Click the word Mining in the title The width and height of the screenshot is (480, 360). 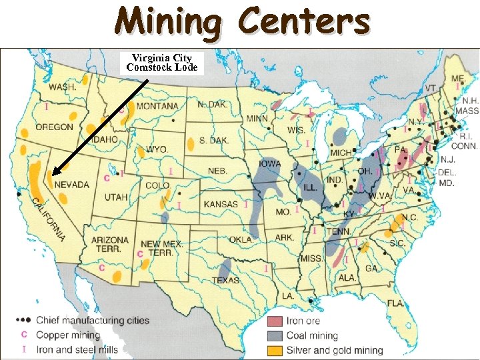[166, 22]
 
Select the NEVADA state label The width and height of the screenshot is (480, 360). [71, 184]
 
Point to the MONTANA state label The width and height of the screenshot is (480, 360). [158, 106]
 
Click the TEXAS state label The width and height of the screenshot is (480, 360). [225, 280]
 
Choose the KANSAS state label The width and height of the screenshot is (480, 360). [221, 204]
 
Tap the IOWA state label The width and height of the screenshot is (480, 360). [270, 164]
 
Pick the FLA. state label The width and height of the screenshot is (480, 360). [396, 303]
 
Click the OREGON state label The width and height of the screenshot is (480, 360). [55, 127]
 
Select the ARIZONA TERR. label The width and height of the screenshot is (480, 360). [110, 244]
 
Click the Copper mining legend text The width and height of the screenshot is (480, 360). [67, 335]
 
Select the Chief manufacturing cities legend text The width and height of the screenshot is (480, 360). [93, 321]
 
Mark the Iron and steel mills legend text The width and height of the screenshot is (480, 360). [77, 349]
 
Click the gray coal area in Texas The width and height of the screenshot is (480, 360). [225, 267]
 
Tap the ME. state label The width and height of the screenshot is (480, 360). [458, 79]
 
